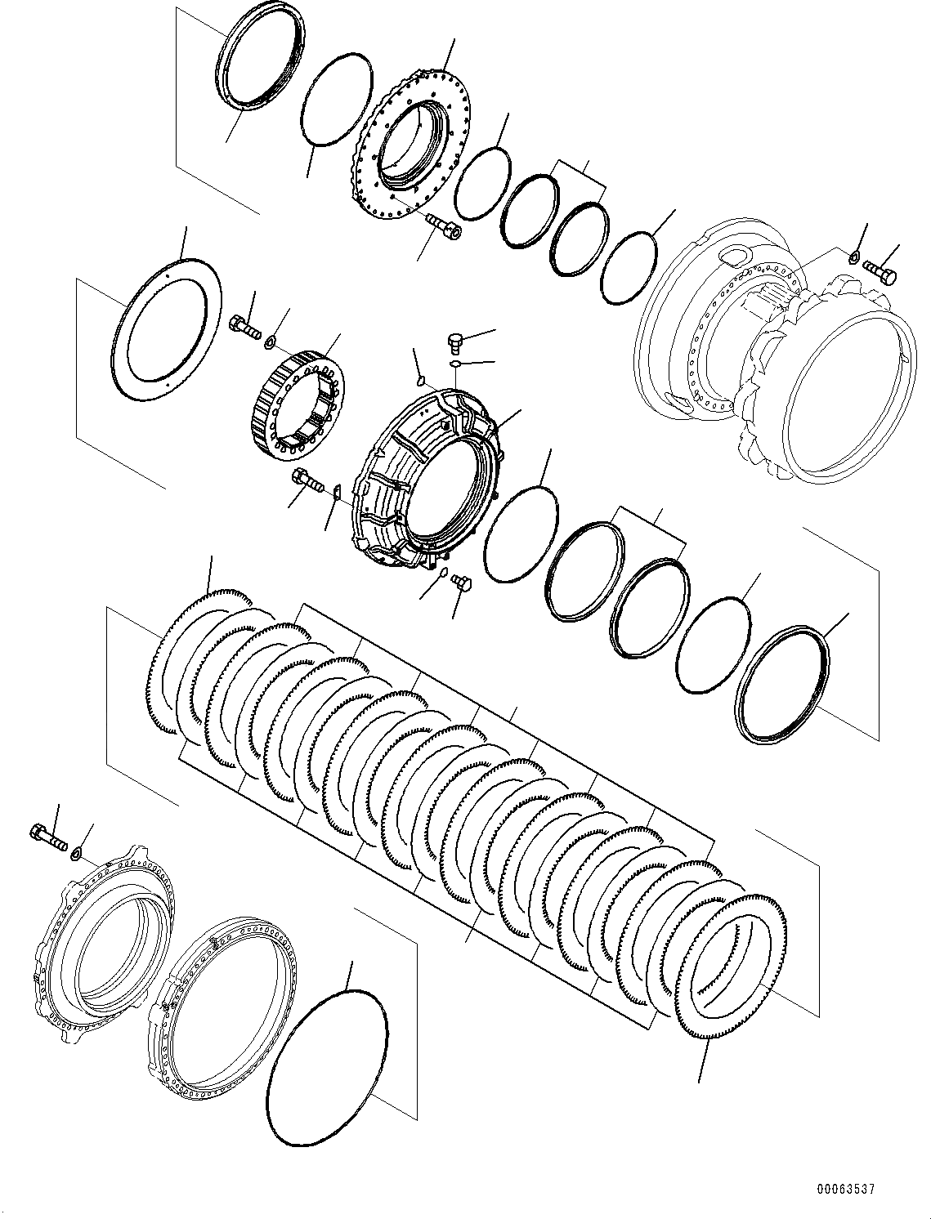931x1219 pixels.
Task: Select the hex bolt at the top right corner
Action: coord(880,274)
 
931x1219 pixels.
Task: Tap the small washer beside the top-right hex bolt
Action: coord(855,256)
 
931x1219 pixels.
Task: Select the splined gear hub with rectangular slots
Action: coord(296,408)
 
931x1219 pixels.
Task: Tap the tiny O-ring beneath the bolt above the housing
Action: coord(454,364)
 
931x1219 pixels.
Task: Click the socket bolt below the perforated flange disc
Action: coord(443,228)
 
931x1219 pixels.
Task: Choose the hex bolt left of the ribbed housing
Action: coord(307,479)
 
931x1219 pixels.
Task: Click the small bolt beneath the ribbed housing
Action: coord(462,583)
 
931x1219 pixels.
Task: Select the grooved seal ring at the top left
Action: coord(260,62)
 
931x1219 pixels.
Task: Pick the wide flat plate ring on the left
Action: coord(167,328)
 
